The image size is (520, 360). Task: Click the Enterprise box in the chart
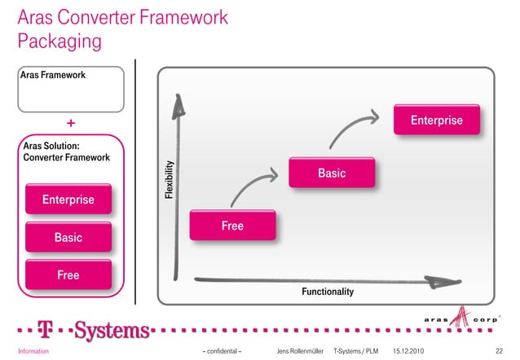pos(437,121)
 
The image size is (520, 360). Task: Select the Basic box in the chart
pos(332,173)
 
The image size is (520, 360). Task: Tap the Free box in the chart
pos(232,226)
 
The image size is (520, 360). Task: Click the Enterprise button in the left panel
pos(68,200)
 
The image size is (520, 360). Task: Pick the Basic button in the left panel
pos(68,238)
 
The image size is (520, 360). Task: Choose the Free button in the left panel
pos(68,275)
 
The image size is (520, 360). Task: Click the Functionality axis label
pos(328,291)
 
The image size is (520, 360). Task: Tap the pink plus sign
pos(71,124)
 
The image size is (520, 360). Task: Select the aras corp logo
pos(460,318)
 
